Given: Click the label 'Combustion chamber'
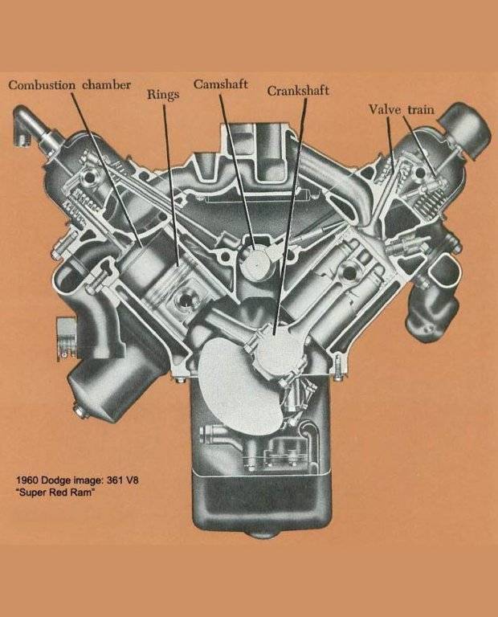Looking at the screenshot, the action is coord(69,85).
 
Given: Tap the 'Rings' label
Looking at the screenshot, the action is coord(163,95).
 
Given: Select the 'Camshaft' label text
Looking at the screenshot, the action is coord(221,84).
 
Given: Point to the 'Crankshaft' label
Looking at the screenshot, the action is coord(298,91).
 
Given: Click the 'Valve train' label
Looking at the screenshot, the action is coord(402,109).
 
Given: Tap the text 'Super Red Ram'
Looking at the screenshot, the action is coord(55,492).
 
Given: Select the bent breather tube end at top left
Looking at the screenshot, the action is coord(24,125).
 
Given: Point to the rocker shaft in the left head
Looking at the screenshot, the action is coord(90,178).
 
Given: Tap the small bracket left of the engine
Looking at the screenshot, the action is coord(66,338).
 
